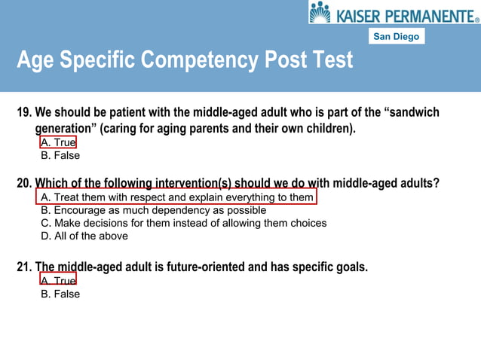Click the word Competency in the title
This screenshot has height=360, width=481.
pos(201,59)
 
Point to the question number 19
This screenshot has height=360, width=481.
pos(24,113)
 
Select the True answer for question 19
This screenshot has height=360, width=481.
pos(58,142)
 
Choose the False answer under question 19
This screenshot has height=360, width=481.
pos(60,156)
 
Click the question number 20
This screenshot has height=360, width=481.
pos(24,183)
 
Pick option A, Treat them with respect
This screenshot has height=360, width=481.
pos(176,197)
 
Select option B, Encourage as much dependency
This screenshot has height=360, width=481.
pos(153,210)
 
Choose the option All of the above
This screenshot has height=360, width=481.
pos(84,236)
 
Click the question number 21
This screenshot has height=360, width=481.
pos(24,267)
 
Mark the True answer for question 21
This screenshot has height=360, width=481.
pos(58,281)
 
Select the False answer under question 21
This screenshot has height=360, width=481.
pos(60,294)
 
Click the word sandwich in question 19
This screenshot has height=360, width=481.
pos(413,113)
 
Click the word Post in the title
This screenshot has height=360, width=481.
pos(286,59)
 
